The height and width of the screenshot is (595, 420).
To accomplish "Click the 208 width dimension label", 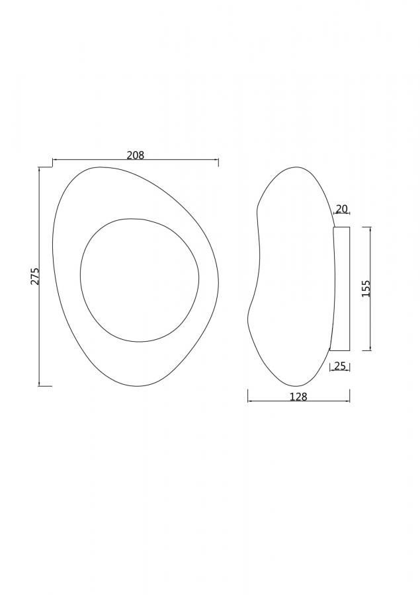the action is point(136,155).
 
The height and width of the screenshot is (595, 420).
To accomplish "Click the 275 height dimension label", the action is point(35,276).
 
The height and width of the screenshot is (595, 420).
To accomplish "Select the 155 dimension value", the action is point(366,288).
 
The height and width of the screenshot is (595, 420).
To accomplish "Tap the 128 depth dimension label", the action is point(298,397).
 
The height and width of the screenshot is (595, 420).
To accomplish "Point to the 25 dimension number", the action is point(340,366).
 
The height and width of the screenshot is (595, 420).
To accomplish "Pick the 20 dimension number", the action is point(342,209).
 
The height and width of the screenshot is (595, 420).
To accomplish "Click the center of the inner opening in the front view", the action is point(140,280).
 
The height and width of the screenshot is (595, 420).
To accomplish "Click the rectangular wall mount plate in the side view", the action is point(341,289).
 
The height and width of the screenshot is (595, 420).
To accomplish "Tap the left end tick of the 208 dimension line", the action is point(52,163).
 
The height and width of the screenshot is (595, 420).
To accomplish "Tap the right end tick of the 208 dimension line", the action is point(218,163).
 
